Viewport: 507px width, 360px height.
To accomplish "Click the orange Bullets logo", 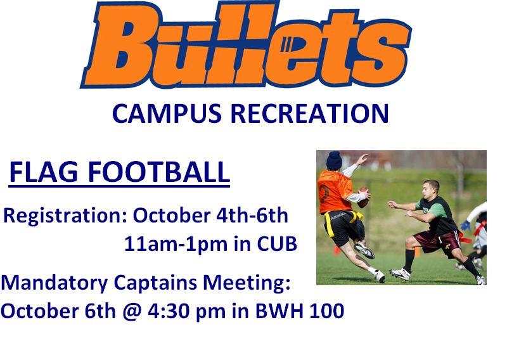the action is click(x=246, y=45).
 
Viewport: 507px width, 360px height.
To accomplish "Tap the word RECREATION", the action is click(x=309, y=113).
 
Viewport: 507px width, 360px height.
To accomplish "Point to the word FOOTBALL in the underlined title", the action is click(x=159, y=172).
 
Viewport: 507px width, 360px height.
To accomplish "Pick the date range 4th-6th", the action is click(x=252, y=215).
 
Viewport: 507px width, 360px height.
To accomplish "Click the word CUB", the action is click(x=277, y=243).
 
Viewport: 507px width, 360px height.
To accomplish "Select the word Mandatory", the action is click(x=55, y=283).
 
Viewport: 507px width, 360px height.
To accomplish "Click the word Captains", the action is click(x=155, y=283).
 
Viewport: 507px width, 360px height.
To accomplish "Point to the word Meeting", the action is click(x=247, y=283).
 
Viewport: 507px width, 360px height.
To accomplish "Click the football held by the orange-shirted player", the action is click(x=363, y=197).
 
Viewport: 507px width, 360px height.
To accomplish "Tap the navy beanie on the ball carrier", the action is click(x=334, y=160).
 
